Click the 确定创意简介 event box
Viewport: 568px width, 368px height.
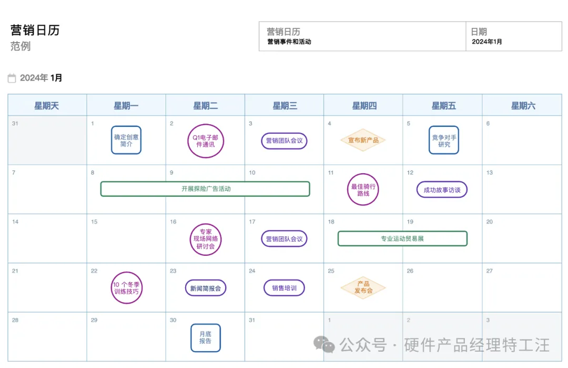point(126,140)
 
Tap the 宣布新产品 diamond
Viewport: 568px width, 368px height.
point(363,140)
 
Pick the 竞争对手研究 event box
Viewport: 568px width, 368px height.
point(444,140)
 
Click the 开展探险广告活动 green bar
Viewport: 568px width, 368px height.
point(205,189)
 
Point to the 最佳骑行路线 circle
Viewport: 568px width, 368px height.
point(363,190)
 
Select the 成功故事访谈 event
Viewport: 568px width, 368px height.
point(442,190)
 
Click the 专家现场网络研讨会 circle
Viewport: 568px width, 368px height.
point(205,239)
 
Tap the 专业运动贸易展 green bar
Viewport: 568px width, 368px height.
point(402,238)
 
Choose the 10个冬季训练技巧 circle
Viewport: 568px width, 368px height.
point(127,288)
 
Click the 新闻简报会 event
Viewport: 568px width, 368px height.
point(206,288)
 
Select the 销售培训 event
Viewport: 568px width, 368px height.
point(284,288)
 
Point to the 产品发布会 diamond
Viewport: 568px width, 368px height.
point(363,287)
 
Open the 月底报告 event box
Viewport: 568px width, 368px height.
point(205,337)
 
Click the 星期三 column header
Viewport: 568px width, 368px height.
point(285,106)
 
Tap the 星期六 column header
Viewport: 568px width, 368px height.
point(523,106)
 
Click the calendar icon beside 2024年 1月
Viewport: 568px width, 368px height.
point(12,78)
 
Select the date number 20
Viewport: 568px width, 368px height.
point(490,222)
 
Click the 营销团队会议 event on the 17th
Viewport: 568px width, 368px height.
point(284,238)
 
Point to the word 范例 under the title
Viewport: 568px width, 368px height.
point(21,46)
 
